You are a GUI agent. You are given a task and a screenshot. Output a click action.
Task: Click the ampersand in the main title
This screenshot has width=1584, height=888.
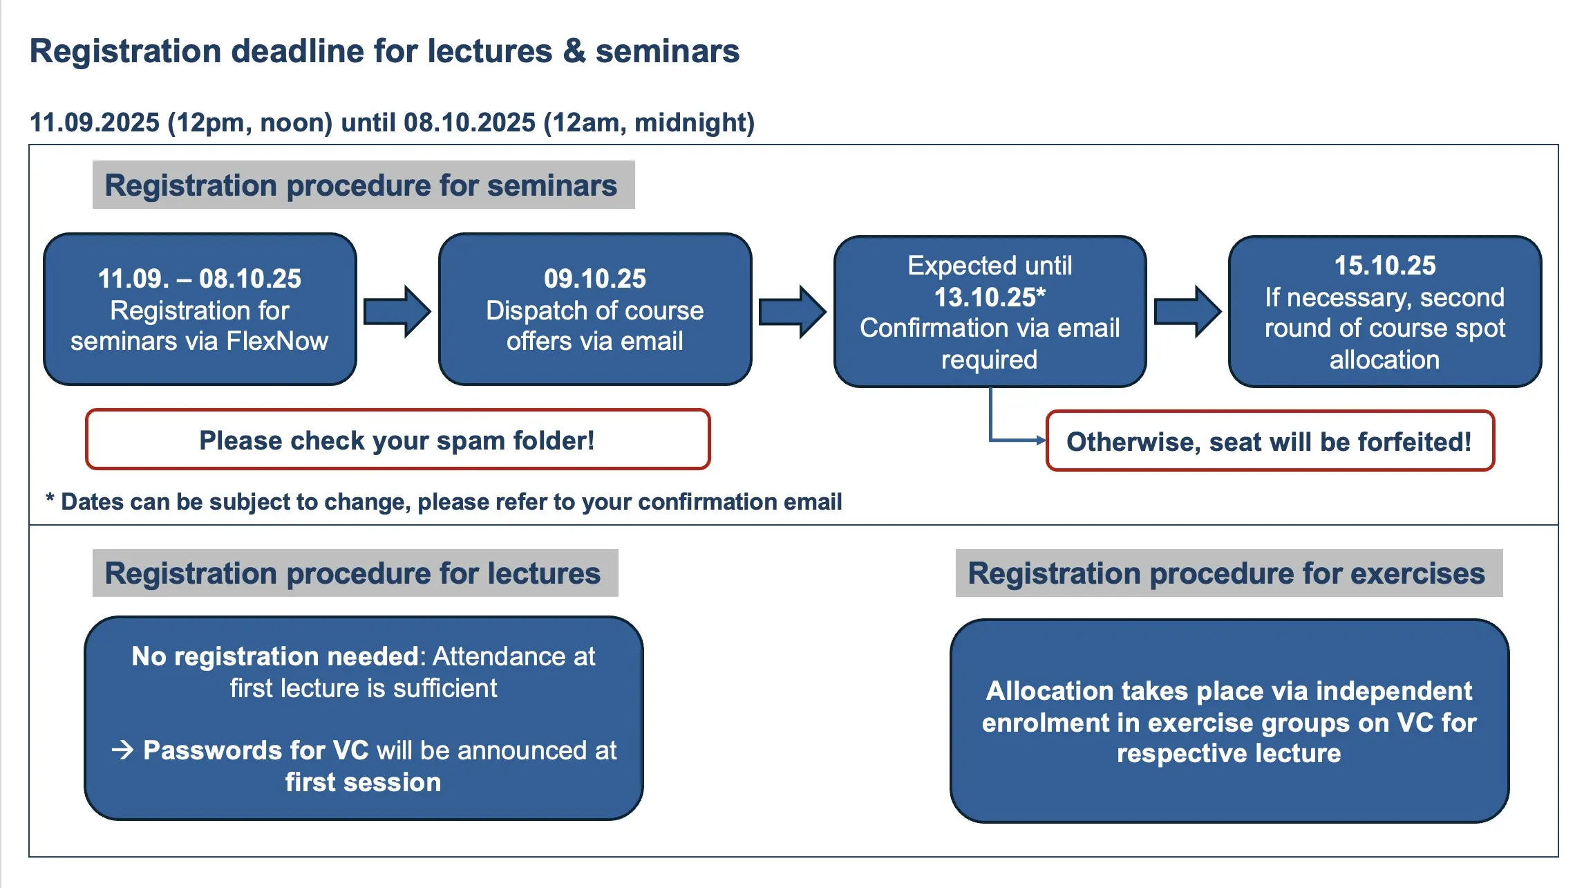pyautogui.click(x=574, y=51)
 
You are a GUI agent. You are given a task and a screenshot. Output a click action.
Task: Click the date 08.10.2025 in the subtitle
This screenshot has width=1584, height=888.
pyautogui.click(x=469, y=122)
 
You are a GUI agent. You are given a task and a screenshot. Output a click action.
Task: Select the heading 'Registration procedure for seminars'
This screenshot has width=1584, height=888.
pyautogui.click(x=361, y=185)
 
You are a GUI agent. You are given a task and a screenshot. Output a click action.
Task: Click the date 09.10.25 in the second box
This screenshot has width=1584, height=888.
pyautogui.click(x=594, y=279)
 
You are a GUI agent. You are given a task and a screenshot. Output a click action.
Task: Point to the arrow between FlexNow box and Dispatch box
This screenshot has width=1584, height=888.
pyautogui.click(x=397, y=311)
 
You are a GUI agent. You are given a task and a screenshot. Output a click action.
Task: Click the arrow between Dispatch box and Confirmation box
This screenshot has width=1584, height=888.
pyautogui.click(x=793, y=311)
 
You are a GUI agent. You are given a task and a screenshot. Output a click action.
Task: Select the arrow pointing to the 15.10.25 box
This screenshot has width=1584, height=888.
pyautogui.click(x=1188, y=311)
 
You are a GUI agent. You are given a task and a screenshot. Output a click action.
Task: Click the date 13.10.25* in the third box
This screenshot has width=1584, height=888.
pyautogui.click(x=990, y=297)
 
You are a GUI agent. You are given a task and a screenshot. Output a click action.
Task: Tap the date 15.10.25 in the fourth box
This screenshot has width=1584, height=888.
pyautogui.click(x=1385, y=266)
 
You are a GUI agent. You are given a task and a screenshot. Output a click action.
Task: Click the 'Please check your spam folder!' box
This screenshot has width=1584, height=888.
pyautogui.click(x=397, y=440)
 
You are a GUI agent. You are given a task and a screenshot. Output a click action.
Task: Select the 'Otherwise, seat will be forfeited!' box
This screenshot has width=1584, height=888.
pyautogui.click(x=1270, y=441)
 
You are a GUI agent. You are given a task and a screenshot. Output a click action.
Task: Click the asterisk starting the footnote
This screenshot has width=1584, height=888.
pyautogui.click(x=50, y=499)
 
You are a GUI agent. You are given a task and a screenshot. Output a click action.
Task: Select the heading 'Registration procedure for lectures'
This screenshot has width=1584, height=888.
pyautogui.click(x=352, y=573)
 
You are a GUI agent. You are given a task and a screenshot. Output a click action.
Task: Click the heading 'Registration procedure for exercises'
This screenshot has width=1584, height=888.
pyautogui.click(x=1226, y=573)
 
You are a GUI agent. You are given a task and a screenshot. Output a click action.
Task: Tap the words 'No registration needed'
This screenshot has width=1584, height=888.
pyautogui.click(x=274, y=656)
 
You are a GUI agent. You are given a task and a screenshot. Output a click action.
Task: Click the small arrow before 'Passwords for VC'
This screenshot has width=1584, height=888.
pyautogui.click(x=123, y=750)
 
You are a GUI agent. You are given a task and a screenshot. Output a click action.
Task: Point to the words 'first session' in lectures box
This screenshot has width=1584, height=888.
pyautogui.click(x=363, y=782)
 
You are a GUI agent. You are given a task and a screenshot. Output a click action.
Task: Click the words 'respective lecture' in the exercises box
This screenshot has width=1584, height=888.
pyautogui.click(x=1229, y=753)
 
